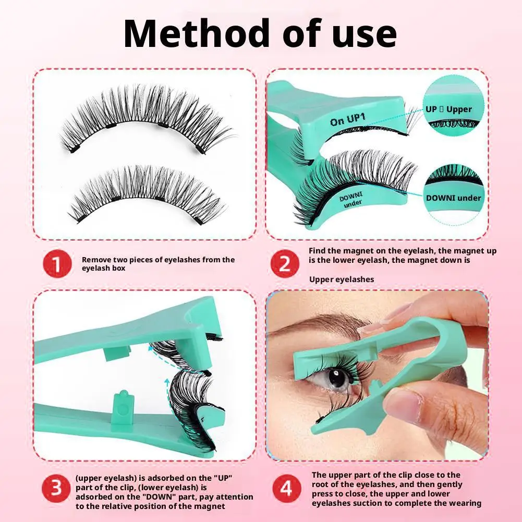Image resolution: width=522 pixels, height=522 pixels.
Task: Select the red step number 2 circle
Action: tap(285, 264)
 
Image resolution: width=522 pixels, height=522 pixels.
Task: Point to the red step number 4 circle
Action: tap(285, 489)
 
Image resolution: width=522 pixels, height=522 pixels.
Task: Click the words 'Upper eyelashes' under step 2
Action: tap(342, 280)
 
